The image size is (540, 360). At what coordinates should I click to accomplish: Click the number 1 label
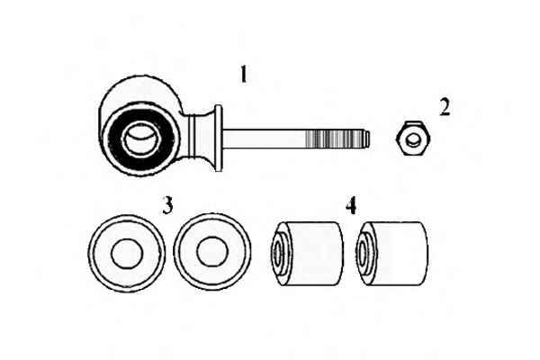244,74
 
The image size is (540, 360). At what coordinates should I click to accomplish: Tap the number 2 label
445,107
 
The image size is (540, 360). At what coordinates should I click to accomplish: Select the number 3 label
167,206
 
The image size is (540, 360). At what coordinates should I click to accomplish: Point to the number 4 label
351,206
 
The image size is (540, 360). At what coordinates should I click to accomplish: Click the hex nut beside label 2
412,139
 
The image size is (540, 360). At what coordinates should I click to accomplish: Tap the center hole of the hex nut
413,139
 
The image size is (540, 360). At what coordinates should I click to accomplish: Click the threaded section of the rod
335,139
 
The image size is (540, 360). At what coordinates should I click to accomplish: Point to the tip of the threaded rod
369,139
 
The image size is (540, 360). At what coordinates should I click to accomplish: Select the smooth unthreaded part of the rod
264,139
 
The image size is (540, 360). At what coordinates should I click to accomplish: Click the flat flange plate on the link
219,139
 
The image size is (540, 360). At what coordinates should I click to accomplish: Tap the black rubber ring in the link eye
141,139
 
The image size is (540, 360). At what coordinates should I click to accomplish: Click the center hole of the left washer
127,253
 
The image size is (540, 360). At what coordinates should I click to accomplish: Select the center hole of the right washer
212,252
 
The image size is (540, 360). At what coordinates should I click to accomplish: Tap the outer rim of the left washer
126,254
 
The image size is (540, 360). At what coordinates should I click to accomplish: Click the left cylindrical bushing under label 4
307,254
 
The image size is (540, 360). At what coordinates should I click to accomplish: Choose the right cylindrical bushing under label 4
392,254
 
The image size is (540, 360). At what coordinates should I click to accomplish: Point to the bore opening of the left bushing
277,253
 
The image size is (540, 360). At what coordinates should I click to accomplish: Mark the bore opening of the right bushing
363,253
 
